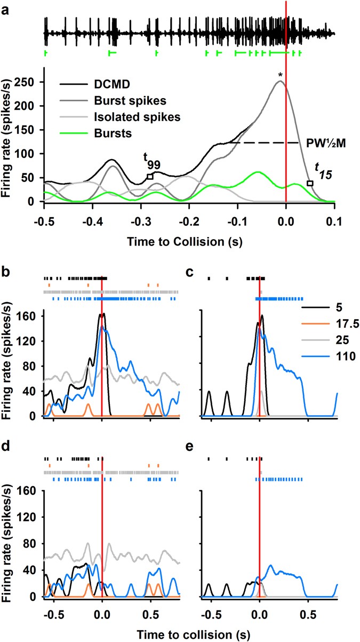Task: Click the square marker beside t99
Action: (x=150, y=177)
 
